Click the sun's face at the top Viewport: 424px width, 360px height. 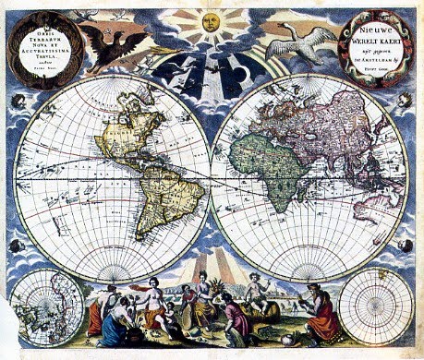211,21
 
